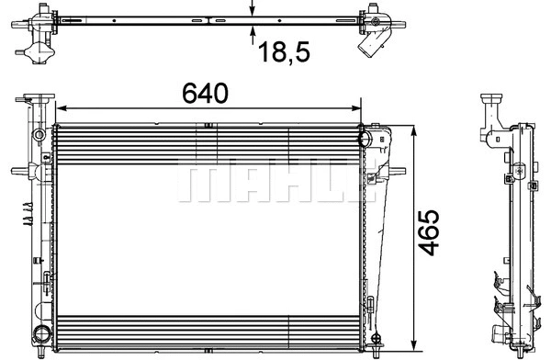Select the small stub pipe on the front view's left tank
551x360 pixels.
coord(18,170)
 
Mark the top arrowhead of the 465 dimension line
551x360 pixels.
coord(416,128)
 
